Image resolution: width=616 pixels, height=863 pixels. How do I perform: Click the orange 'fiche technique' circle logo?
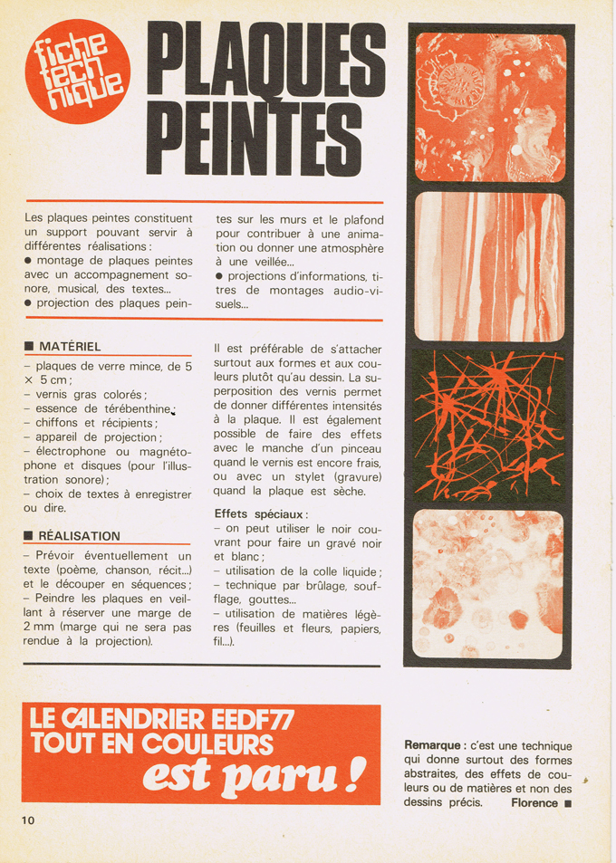click(x=77, y=71)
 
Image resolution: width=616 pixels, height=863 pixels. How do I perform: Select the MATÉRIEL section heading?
click(x=70, y=346)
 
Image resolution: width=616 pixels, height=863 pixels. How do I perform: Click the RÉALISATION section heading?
click(x=79, y=535)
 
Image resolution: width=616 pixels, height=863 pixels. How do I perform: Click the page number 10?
click(x=28, y=820)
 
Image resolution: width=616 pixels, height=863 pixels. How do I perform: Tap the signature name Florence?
click(x=534, y=802)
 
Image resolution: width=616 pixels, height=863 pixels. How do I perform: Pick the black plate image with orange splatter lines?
click(x=489, y=424)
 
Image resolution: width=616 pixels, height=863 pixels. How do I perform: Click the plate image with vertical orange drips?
click(x=489, y=266)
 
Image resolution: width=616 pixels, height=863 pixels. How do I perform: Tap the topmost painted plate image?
click(x=489, y=107)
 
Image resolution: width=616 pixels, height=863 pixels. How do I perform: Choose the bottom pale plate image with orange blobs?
click(x=489, y=583)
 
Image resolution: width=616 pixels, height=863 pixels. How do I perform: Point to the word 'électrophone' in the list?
click(x=77, y=451)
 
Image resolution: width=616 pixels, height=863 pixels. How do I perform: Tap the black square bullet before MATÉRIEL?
click(x=29, y=347)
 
